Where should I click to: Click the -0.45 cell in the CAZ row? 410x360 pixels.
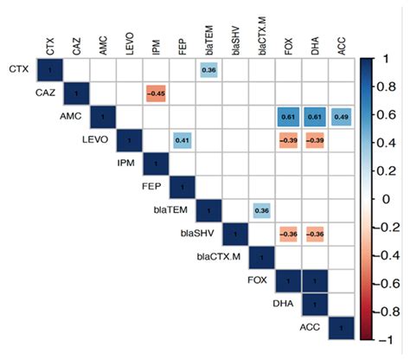(156, 93)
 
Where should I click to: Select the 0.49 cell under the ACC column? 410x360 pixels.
(341, 116)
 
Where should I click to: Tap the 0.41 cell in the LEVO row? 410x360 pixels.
(182, 139)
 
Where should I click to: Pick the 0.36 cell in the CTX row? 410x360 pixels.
(208, 69)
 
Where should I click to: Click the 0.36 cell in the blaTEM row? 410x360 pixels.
(261, 210)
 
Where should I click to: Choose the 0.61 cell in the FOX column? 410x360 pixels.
(288, 116)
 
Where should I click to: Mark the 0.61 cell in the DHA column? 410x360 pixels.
(315, 116)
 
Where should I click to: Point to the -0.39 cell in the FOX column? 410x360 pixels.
(288, 139)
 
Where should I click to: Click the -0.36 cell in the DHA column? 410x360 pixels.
(315, 234)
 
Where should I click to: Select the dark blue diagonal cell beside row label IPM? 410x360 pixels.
(156, 163)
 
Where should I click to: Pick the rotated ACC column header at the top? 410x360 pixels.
(341, 43)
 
